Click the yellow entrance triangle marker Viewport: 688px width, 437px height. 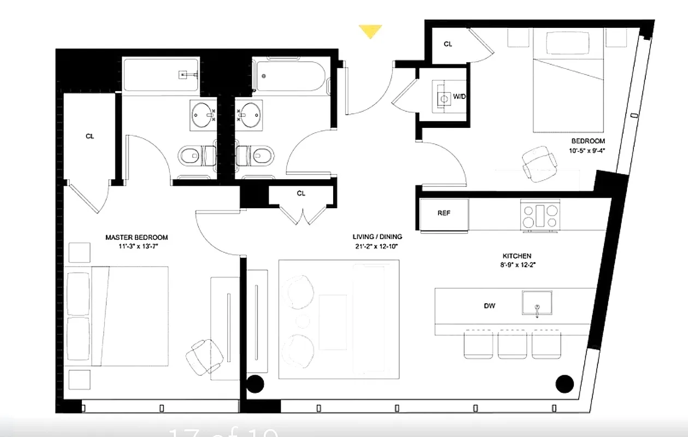pos(370,32)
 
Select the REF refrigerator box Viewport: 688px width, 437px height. pos(444,214)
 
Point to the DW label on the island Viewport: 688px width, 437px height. pos(490,306)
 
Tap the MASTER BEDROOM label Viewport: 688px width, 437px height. pos(137,238)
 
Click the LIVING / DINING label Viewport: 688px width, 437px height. pos(377,237)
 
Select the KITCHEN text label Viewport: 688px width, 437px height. pos(517,256)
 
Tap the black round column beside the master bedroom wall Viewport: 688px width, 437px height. pos(255,383)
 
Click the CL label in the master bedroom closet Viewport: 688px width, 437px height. pos(90,137)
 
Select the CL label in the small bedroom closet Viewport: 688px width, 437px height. pos(448,44)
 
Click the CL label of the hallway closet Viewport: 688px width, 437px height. pos(301,193)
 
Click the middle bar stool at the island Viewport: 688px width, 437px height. pos(512,345)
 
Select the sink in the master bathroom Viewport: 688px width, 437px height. pos(204,115)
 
